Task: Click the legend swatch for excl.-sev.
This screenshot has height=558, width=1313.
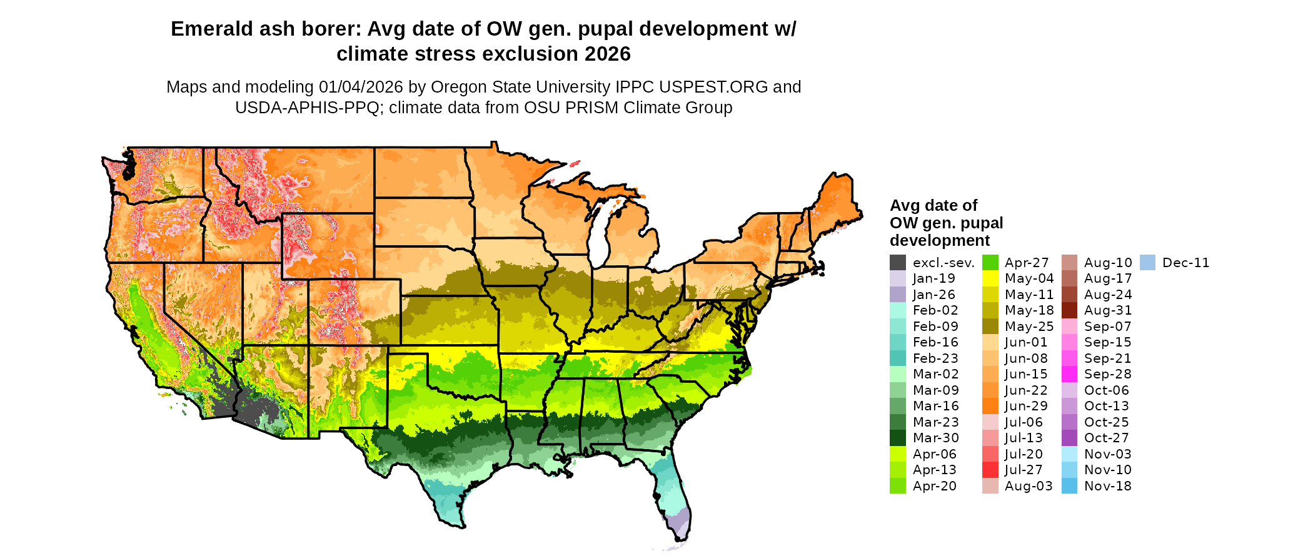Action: (x=897, y=263)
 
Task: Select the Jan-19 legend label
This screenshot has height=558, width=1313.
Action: (x=933, y=278)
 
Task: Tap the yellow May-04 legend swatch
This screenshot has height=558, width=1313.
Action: (x=990, y=278)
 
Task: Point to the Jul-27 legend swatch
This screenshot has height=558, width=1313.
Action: (x=990, y=470)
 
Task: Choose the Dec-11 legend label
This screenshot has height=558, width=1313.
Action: (x=1185, y=263)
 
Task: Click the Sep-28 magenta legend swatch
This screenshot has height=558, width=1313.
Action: (x=1070, y=374)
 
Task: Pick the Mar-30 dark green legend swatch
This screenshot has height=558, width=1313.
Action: (x=897, y=438)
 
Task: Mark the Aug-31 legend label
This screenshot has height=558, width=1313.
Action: (x=1108, y=310)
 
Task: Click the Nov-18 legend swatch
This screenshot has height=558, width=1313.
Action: (x=1070, y=486)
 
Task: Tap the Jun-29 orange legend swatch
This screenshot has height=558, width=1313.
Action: (x=990, y=406)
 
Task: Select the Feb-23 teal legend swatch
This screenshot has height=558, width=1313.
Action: (x=897, y=358)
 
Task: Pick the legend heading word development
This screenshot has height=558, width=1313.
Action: (x=940, y=241)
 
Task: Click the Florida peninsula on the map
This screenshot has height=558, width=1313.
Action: (x=673, y=494)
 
